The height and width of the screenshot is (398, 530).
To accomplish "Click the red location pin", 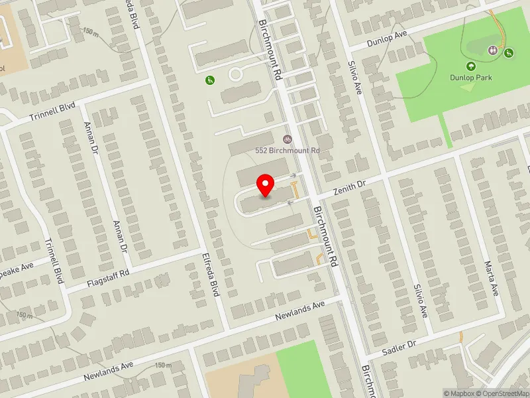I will pos(266,184).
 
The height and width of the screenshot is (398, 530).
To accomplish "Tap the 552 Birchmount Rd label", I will pos(288,151).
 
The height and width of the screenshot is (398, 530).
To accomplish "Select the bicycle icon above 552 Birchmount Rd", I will pos(287,139).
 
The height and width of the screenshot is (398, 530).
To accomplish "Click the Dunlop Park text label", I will pos(470,78).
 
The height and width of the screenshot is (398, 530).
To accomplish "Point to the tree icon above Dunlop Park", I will pos(470,66).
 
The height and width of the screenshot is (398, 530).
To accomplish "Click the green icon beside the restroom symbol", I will pos(508,52).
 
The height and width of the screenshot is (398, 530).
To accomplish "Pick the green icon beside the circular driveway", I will pos(209,80).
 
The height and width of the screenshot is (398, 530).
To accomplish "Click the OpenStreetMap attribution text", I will pos(507,393).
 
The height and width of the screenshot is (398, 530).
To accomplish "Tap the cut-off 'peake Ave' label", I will pos(16,268).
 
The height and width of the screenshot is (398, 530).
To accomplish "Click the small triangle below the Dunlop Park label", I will pos(468,87).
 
